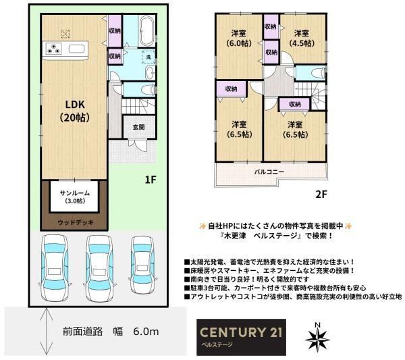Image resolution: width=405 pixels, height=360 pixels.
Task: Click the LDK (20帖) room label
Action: tap(75, 111)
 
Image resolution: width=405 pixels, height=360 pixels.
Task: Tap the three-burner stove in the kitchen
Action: tap(53, 49)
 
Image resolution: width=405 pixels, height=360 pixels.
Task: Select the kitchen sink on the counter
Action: tap(76, 49)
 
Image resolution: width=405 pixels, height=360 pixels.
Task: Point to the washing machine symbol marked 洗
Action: tap(148, 57)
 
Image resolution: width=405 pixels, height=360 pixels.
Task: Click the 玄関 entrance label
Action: tap(138, 127)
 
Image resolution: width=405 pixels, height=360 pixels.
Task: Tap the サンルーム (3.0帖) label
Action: tap(75, 197)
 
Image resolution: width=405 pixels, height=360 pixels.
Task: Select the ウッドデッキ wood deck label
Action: tap(76, 222)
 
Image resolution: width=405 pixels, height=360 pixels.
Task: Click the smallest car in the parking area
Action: tap(143, 264)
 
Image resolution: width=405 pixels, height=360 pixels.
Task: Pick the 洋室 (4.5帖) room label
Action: tap(302, 38)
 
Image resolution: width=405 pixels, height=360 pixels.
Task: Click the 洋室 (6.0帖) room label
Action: tap(239, 38)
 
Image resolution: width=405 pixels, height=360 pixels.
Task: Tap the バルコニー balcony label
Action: tap(269, 172)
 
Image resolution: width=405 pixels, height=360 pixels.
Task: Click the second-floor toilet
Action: tap(318, 73)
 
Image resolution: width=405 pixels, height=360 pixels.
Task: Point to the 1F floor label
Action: tap(151, 180)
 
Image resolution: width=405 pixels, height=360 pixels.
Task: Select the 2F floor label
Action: tap(321, 194)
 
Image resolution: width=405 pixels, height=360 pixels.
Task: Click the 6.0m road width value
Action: tap(146, 332)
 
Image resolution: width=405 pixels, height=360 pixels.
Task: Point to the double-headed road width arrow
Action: tap(46, 331)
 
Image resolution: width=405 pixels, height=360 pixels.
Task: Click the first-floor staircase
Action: tap(138, 106)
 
